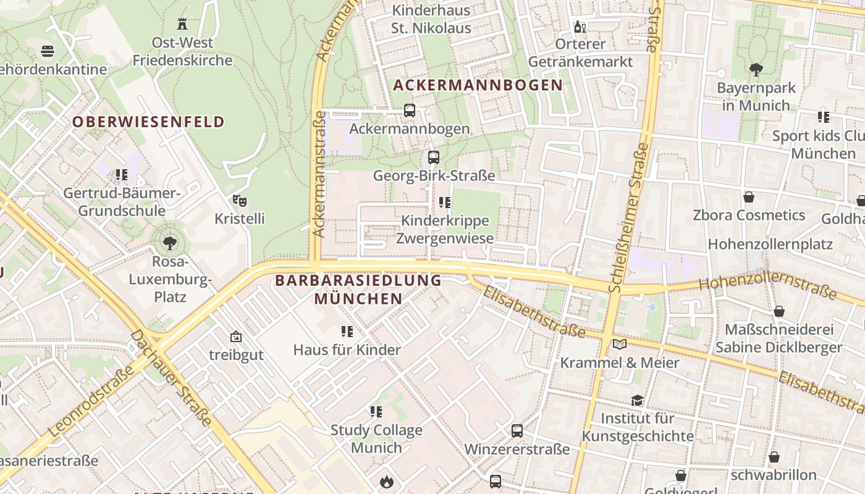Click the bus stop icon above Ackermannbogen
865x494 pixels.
coord(409,111)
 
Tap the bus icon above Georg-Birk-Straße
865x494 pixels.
coord(434,157)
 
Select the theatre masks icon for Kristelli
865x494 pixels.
coord(240,201)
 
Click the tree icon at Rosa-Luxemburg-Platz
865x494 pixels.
coord(169,243)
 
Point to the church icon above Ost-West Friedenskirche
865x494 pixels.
coord(182,24)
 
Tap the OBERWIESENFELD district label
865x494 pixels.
coord(148,122)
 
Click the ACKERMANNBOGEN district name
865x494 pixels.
coord(478,85)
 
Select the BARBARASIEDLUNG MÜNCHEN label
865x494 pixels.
coord(358,290)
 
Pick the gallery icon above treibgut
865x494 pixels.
coord(235,337)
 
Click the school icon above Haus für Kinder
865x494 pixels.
coord(347,332)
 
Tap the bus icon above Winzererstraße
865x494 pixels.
coord(517,430)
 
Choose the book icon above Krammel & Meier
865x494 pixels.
coord(620,344)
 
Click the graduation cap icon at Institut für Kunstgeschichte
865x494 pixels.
coord(637,400)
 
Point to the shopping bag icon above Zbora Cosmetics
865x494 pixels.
coord(749,197)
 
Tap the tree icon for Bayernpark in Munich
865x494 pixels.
coord(756,69)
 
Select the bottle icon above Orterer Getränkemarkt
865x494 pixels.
coord(580,26)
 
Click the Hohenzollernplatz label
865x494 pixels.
coord(770,244)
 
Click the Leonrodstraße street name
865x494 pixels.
coord(91,401)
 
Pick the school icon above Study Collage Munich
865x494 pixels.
coord(376,412)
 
